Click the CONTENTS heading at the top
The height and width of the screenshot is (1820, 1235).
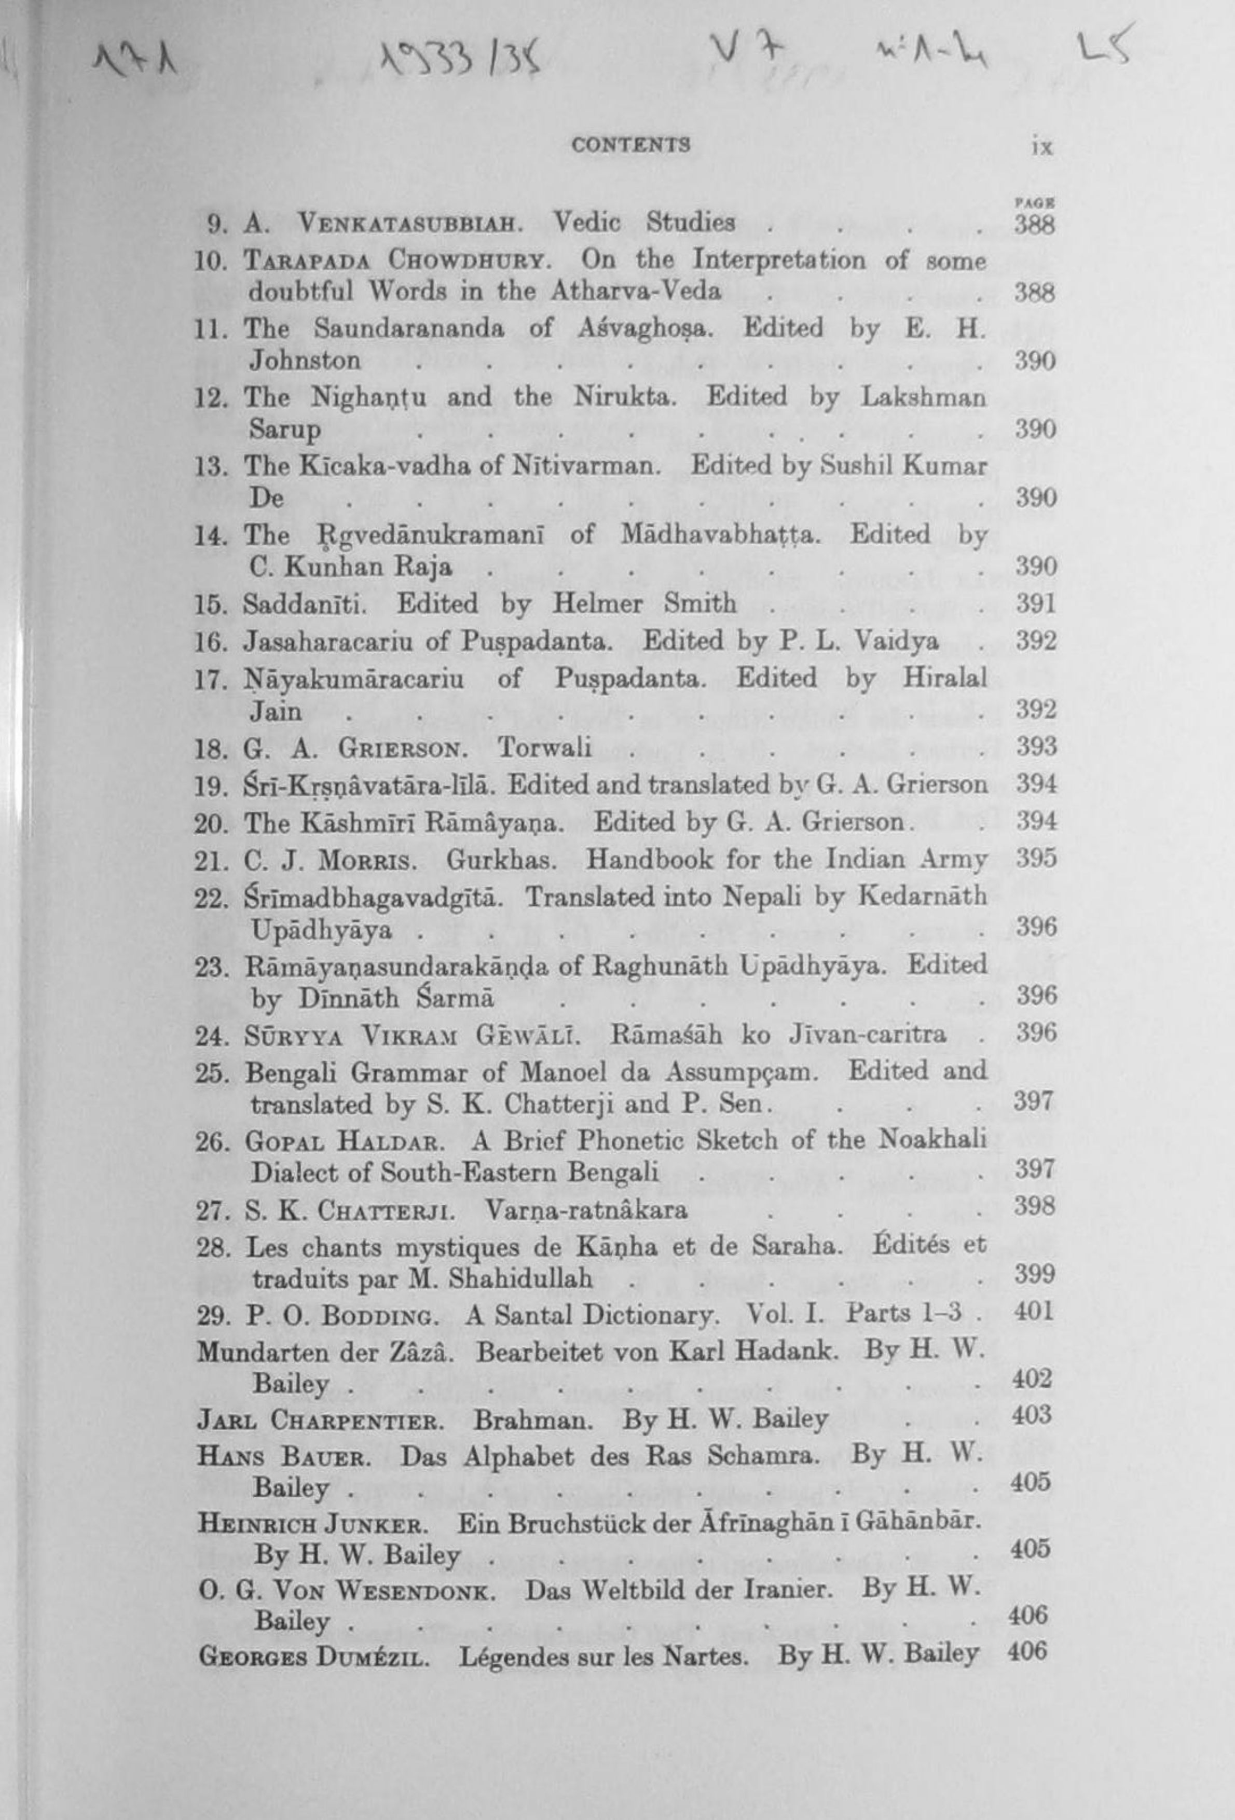(x=630, y=145)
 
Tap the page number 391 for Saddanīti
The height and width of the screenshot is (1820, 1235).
(x=1035, y=604)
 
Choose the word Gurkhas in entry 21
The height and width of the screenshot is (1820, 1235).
(x=501, y=860)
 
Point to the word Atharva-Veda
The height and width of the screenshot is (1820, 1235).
(x=635, y=292)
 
